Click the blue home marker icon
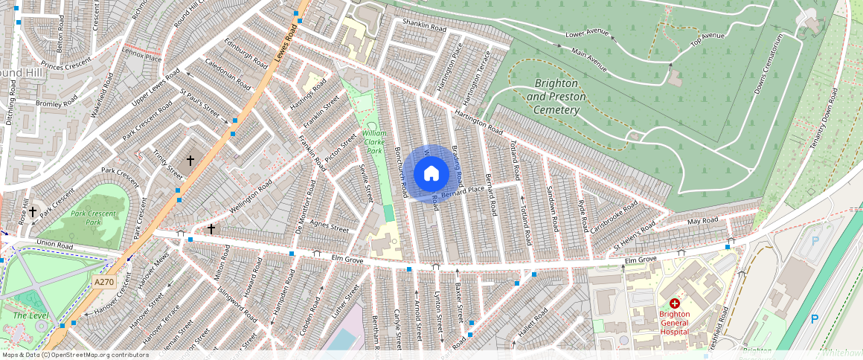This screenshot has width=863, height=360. coord(431,174)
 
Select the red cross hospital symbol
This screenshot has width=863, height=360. coord(675,303)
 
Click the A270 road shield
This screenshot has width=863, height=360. coord(105,282)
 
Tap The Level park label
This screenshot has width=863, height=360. coord(28,315)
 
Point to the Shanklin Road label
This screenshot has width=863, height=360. coord(423,25)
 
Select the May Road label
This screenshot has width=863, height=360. coord(702,221)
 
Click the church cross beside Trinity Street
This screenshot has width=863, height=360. coord(190,160)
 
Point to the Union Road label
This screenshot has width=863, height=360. coord(56,243)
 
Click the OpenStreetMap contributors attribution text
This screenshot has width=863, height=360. coord(74,355)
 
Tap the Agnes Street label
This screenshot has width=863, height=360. coord(329,226)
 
